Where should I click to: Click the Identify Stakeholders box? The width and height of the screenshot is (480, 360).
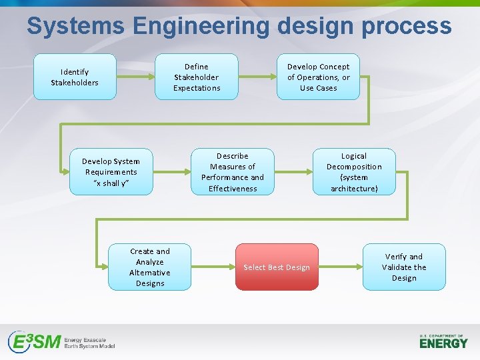tap(75, 77)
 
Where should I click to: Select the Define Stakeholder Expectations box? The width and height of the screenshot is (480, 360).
tap(197, 77)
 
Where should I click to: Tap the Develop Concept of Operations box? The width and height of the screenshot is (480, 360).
tap(318, 77)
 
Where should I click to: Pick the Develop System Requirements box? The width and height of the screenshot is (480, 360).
tap(111, 171)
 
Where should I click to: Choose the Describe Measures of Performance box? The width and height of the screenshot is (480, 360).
tap(233, 171)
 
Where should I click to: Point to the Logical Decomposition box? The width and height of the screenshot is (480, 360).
tap(354, 171)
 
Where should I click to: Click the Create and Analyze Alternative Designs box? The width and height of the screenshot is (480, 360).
tap(150, 267)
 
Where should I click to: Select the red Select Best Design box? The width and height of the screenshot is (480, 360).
tap(277, 267)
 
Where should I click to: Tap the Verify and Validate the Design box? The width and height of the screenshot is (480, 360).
tap(404, 267)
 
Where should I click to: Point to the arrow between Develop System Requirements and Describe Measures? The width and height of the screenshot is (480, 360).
tap(172, 171)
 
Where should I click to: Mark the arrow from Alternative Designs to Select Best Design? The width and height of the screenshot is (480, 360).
tap(213, 267)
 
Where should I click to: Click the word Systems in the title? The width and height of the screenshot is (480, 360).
tap(75, 26)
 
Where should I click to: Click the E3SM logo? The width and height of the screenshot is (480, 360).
tap(61, 342)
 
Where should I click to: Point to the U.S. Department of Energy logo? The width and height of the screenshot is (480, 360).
tap(443, 341)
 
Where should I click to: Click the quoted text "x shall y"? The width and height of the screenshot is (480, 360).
tap(111, 183)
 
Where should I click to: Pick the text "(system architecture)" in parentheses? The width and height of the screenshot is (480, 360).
tap(354, 183)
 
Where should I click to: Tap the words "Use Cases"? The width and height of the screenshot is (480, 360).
tap(318, 88)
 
